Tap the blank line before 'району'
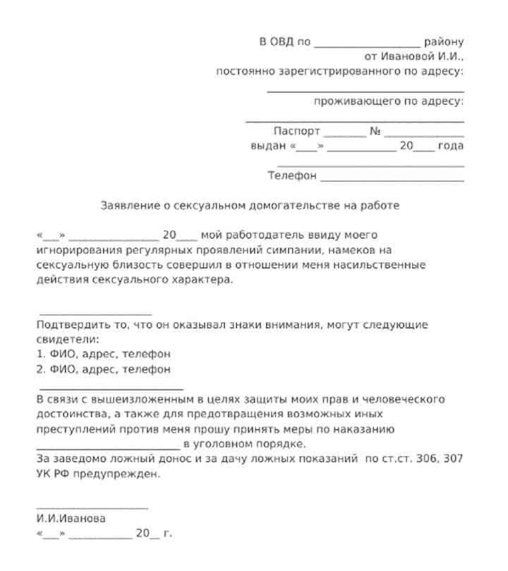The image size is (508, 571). [367, 45]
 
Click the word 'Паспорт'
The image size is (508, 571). [296, 131]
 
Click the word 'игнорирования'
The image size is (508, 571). [76, 250]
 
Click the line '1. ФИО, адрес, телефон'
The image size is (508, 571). [103, 354]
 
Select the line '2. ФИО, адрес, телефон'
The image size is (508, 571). [103, 369]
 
